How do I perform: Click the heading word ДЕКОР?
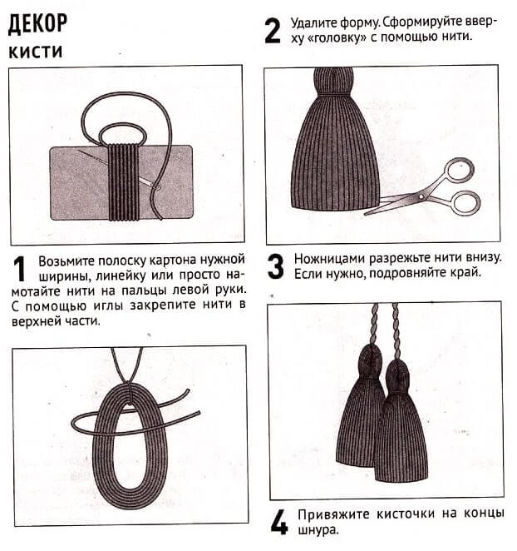pos(38,24)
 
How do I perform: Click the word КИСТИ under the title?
pos(33,52)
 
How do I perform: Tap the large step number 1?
pos(22,271)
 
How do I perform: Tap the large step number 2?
pos(272,31)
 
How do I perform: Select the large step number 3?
pos(276,266)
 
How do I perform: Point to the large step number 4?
pos(278,522)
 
